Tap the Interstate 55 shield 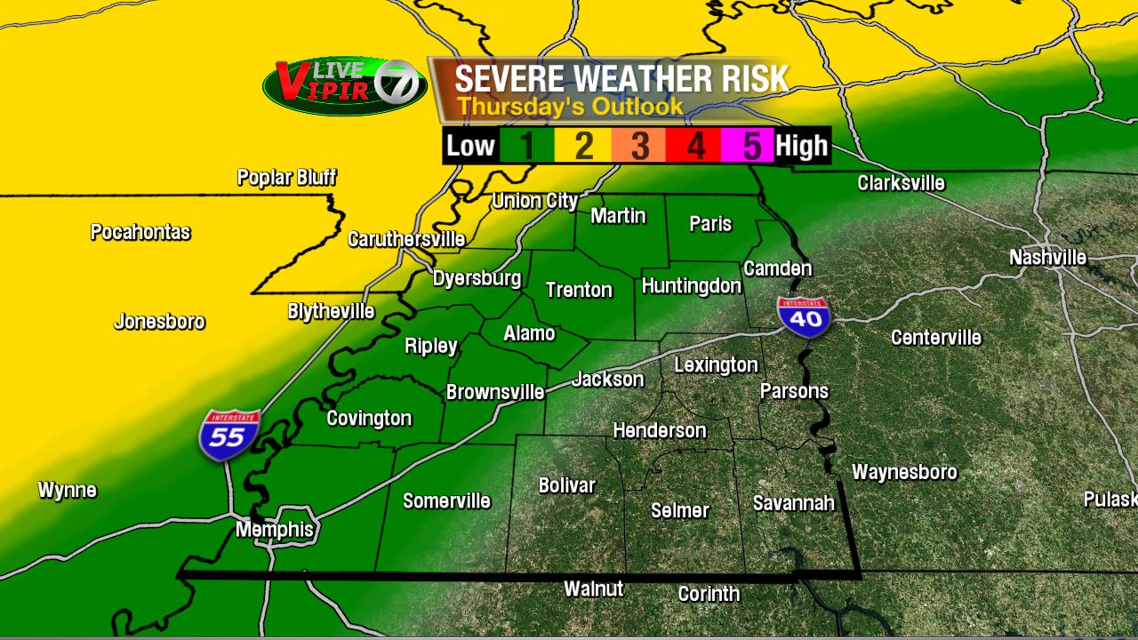tap(229, 435)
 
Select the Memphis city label tap(275, 530)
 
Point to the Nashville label tap(1047, 258)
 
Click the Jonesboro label tap(159, 322)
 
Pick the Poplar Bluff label tap(286, 178)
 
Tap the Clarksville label tap(901, 183)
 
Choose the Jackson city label tap(608, 380)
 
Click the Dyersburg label tap(477, 278)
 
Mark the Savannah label tap(794, 503)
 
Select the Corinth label tap(709, 594)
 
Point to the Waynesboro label tap(904, 472)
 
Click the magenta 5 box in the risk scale tap(752, 146)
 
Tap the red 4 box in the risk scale tap(696, 146)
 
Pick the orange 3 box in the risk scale tap(639, 146)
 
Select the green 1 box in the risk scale tap(526, 146)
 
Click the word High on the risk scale tap(802, 146)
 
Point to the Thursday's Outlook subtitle tap(570, 107)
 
